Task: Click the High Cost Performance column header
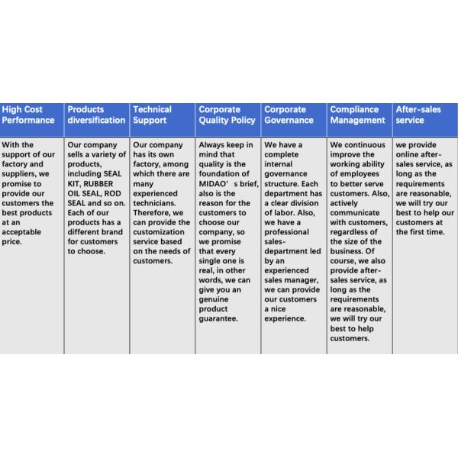pyautogui.click(x=28, y=114)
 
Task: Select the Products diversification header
pyautogui.click(x=96, y=114)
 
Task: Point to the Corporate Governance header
pyautogui.click(x=289, y=114)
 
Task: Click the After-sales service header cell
pyautogui.click(x=419, y=114)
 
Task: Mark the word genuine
pyautogui.click(x=214, y=300)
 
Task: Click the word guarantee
pyautogui.click(x=219, y=319)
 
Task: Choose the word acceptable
pyautogui.click(x=25, y=233)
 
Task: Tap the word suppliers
pyautogui.click(x=21, y=174)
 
